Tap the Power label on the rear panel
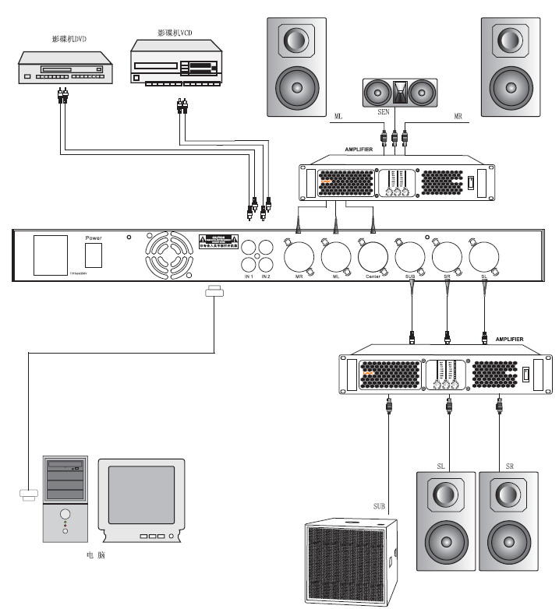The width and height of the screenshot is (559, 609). pyautogui.click(x=94, y=237)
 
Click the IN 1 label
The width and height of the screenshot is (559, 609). pyautogui.click(x=249, y=276)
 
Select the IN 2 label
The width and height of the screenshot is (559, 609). pyautogui.click(x=267, y=276)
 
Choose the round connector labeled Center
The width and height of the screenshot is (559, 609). pyautogui.click(x=373, y=255)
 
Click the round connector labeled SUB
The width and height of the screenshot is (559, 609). pyautogui.click(x=409, y=255)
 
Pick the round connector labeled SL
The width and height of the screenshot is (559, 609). pyautogui.click(x=483, y=255)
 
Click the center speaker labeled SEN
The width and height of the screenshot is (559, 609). pyautogui.click(x=400, y=93)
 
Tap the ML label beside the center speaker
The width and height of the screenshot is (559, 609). pyautogui.click(x=338, y=116)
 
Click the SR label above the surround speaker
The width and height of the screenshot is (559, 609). pyautogui.click(x=509, y=465)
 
